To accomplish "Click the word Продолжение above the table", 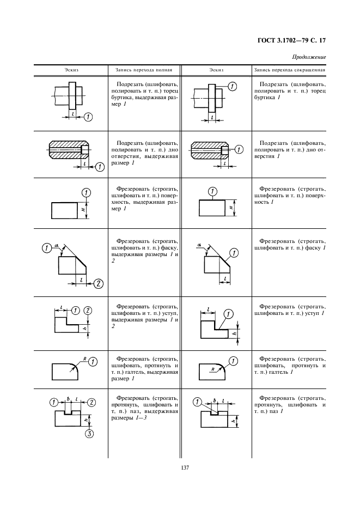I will (309, 57).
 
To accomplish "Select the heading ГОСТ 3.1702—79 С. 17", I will (294, 40).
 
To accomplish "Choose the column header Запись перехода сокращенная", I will (289, 70).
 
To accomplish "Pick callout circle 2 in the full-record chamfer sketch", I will (99, 283).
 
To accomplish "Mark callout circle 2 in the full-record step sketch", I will (88, 310).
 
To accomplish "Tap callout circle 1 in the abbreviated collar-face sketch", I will (232, 87).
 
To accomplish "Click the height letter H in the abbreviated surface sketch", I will (230, 208).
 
